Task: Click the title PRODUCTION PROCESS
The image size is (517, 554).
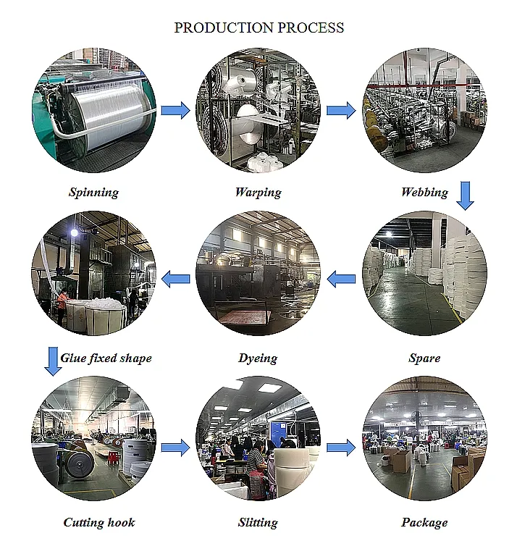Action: coord(258,28)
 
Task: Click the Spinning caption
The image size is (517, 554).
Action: coord(93,192)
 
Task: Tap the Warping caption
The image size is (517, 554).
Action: coord(258,192)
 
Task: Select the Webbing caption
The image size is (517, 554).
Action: coord(424,192)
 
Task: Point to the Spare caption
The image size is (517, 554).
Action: coord(424,358)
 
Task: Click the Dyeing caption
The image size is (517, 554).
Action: coord(258,358)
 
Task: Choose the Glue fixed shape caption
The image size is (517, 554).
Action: coord(106,358)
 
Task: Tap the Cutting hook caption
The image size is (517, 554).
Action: coord(99,522)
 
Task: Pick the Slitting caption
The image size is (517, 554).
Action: coord(258,522)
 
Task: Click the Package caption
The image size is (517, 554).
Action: coord(424,522)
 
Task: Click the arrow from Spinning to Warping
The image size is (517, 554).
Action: coord(175,110)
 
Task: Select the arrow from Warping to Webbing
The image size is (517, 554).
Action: coord(341,110)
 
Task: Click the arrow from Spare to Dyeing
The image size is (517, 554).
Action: coord(341,277)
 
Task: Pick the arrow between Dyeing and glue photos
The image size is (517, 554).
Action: coord(175,277)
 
